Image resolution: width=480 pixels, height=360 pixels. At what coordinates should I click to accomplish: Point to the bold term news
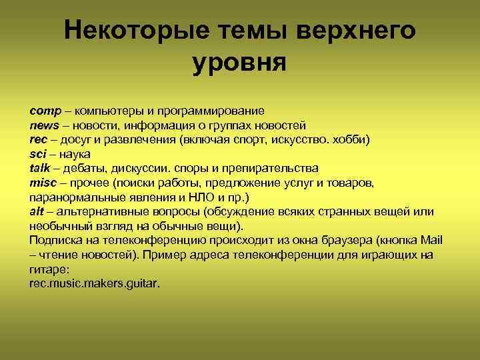(x=45, y=125)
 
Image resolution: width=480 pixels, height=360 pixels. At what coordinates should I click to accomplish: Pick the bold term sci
(x=39, y=154)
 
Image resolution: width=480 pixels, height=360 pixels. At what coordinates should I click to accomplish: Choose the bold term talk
(x=41, y=168)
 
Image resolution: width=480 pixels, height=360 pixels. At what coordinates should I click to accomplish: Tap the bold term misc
(x=44, y=183)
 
